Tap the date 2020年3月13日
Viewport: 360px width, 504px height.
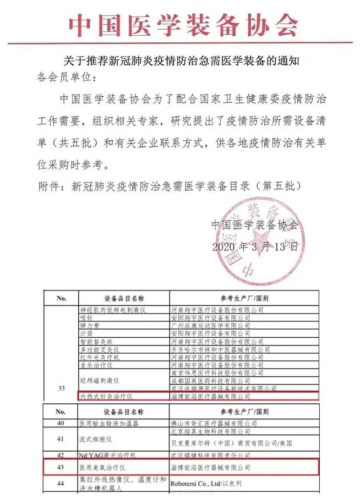click(255, 246)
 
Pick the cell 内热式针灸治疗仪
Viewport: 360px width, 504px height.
click(107, 395)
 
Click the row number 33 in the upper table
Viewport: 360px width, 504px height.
click(62, 389)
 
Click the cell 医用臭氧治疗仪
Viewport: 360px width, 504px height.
click(103, 467)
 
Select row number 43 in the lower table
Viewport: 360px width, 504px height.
click(62, 467)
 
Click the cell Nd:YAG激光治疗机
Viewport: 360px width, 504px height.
click(107, 455)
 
